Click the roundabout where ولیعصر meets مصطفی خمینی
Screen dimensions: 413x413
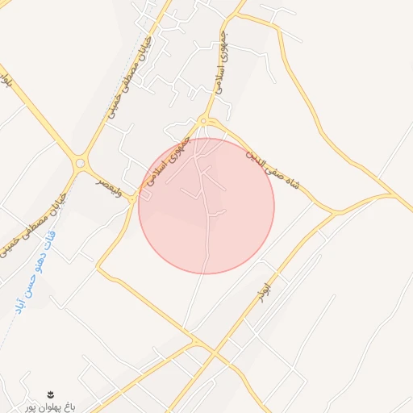point(80,163)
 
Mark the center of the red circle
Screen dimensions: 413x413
point(206,206)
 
